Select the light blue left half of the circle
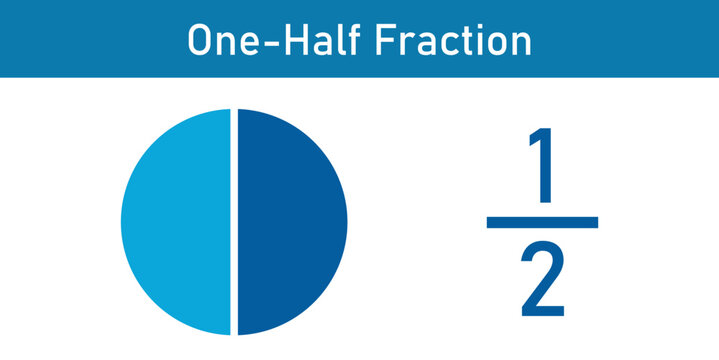pyautogui.click(x=176, y=221)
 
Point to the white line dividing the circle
pyautogui.click(x=234, y=221)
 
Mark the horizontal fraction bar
pyautogui.click(x=542, y=222)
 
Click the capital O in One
pyautogui.click(x=201, y=40)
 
